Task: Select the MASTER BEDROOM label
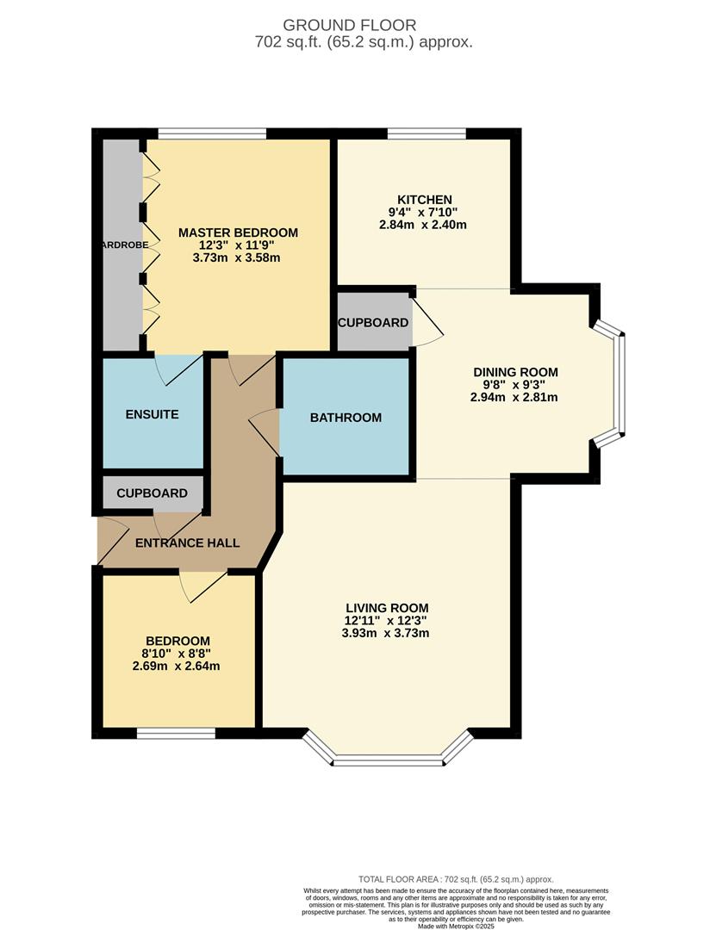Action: pos(238,232)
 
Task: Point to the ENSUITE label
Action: pos(152,414)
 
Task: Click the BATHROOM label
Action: pos(346,418)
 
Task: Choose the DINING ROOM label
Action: pos(515,372)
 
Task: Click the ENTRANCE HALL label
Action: pos(187,543)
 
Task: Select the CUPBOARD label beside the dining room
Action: pos(373,323)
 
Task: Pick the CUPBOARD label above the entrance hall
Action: pos(152,493)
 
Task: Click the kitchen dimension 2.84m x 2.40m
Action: pos(422,226)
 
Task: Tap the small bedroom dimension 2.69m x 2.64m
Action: pos(177,666)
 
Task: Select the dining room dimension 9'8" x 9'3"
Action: pos(515,385)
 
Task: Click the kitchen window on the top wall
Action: pos(426,133)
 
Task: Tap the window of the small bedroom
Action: pos(176,733)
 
